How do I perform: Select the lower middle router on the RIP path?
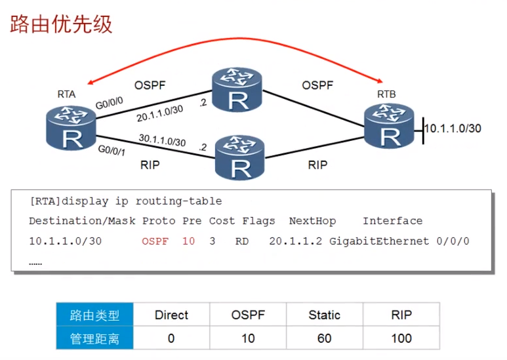(x=241, y=157)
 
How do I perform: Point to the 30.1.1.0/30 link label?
(x=163, y=141)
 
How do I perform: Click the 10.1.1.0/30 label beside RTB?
(x=453, y=128)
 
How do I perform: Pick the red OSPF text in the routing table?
(x=155, y=241)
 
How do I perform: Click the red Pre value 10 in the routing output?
(x=188, y=241)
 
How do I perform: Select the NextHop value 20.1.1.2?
(x=296, y=241)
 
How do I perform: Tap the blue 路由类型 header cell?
(x=95, y=315)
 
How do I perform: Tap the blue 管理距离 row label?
(x=95, y=338)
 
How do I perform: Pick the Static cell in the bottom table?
(x=325, y=315)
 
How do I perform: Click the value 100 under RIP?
(x=401, y=338)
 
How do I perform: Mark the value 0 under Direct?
(x=171, y=338)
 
